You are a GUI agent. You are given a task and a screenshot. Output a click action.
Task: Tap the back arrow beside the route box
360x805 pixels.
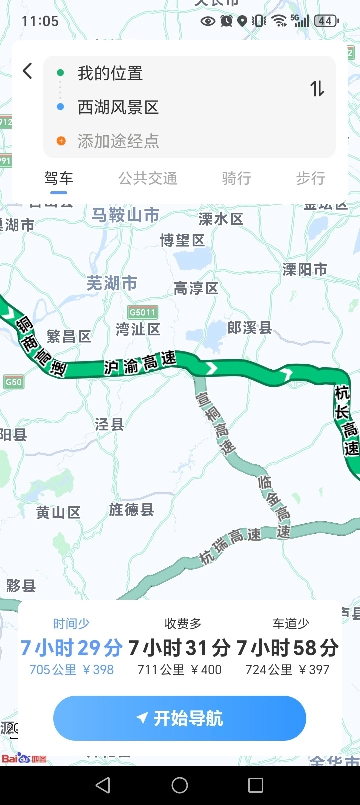pyautogui.click(x=28, y=71)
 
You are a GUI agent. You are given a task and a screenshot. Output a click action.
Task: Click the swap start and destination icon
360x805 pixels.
pyautogui.click(x=317, y=89)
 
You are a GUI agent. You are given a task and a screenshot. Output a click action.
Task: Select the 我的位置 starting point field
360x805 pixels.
pyautogui.click(x=110, y=73)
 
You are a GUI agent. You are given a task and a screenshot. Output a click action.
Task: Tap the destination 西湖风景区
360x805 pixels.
pyautogui.click(x=118, y=107)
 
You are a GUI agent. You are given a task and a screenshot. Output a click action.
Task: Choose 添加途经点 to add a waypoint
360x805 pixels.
pyautogui.click(x=118, y=141)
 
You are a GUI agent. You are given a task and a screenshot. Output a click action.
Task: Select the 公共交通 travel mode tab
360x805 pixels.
pyautogui.click(x=148, y=178)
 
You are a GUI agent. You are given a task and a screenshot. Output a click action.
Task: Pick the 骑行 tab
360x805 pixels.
pyautogui.click(x=237, y=178)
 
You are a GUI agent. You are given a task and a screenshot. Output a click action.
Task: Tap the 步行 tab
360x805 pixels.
pyautogui.click(x=310, y=178)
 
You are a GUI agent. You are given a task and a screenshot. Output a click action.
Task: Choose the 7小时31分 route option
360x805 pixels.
pyautogui.click(x=180, y=648)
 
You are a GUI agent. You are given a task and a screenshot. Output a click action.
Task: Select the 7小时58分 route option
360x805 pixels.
pyautogui.click(x=288, y=648)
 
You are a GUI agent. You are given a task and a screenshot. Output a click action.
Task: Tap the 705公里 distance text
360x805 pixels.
pyautogui.click(x=53, y=670)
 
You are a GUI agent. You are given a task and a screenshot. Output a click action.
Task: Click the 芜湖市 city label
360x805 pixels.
pyautogui.click(x=112, y=283)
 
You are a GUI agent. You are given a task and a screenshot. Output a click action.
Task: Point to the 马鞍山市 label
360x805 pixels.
pyautogui.click(x=125, y=215)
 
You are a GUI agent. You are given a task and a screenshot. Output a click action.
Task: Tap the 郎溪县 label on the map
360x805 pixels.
pyautogui.click(x=250, y=328)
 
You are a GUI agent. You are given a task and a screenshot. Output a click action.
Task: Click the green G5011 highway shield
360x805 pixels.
pyautogui.click(x=143, y=312)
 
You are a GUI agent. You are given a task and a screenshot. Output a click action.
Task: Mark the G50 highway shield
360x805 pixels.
pyautogui.click(x=13, y=382)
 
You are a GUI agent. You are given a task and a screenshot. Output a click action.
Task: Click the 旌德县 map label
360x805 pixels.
pyautogui.click(x=132, y=510)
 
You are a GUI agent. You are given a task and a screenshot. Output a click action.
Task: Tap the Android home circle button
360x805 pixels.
pyautogui.click(x=180, y=785)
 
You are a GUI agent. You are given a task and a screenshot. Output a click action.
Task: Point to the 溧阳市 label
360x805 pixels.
pyautogui.click(x=305, y=270)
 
